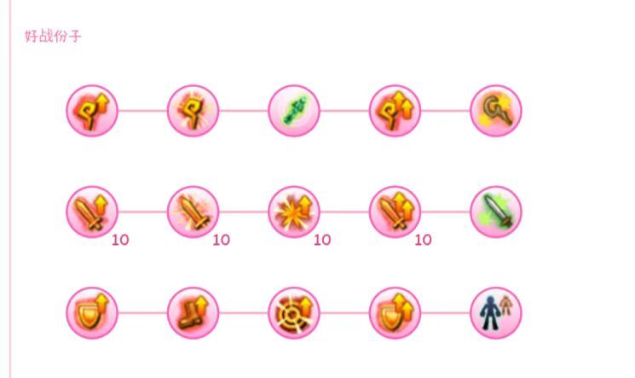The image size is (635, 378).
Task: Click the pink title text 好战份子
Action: tap(53, 36)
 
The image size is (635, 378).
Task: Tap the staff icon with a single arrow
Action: tap(92, 111)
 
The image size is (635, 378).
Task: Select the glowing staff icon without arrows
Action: tap(193, 111)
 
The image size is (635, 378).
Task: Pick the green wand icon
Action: tap(294, 111)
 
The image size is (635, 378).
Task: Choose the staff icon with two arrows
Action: tap(395, 111)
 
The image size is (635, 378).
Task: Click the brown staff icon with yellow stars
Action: tap(496, 111)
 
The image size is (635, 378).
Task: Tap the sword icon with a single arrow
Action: tap(92, 212)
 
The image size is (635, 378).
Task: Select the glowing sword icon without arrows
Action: tap(193, 212)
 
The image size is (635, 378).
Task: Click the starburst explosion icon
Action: tap(294, 212)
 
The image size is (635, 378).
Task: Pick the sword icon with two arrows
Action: tap(395, 212)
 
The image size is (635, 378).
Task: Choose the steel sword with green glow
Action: tap(496, 212)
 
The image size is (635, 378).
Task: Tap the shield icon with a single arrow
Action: tap(92, 313)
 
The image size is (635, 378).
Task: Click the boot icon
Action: tap(193, 313)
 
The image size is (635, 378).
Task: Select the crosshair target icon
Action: tap(294, 313)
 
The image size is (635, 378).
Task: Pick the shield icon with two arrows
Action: tap(395, 313)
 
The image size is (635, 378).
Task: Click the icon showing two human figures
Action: tap(496, 313)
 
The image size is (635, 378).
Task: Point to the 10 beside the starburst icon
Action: tap(322, 240)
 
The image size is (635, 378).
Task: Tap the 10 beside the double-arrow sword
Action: tap(424, 240)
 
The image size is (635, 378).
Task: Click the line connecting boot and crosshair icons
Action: tap(244, 313)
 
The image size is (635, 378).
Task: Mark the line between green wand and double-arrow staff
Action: tap(344, 111)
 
